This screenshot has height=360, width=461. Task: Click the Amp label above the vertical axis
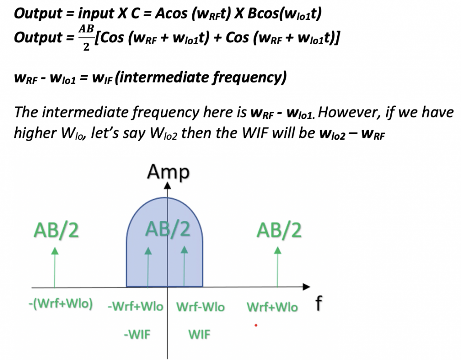pyautogui.click(x=169, y=172)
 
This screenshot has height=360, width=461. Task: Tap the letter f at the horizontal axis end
pyautogui.click(x=318, y=305)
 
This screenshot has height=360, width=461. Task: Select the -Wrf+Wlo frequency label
pyautogui.click(x=136, y=307)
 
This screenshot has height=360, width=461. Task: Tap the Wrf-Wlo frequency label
pyautogui.click(x=200, y=307)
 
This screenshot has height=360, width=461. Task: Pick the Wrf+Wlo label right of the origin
pyautogui.click(x=272, y=307)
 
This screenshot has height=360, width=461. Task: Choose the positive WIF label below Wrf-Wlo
pyautogui.click(x=199, y=335)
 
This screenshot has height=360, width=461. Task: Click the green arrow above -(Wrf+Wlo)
pyautogui.click(x=55, y=266)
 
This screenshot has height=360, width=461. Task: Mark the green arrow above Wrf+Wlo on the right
pyautogui.click(x=278, y=266)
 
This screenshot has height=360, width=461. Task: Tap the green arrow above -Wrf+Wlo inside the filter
pyautogui.click(x=148, y=266)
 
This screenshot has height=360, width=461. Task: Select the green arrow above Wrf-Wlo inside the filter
pyautogui.click(x=184, y=266)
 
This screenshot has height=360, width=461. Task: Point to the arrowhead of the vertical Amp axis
pyautogui.click(x=168, y=185)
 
